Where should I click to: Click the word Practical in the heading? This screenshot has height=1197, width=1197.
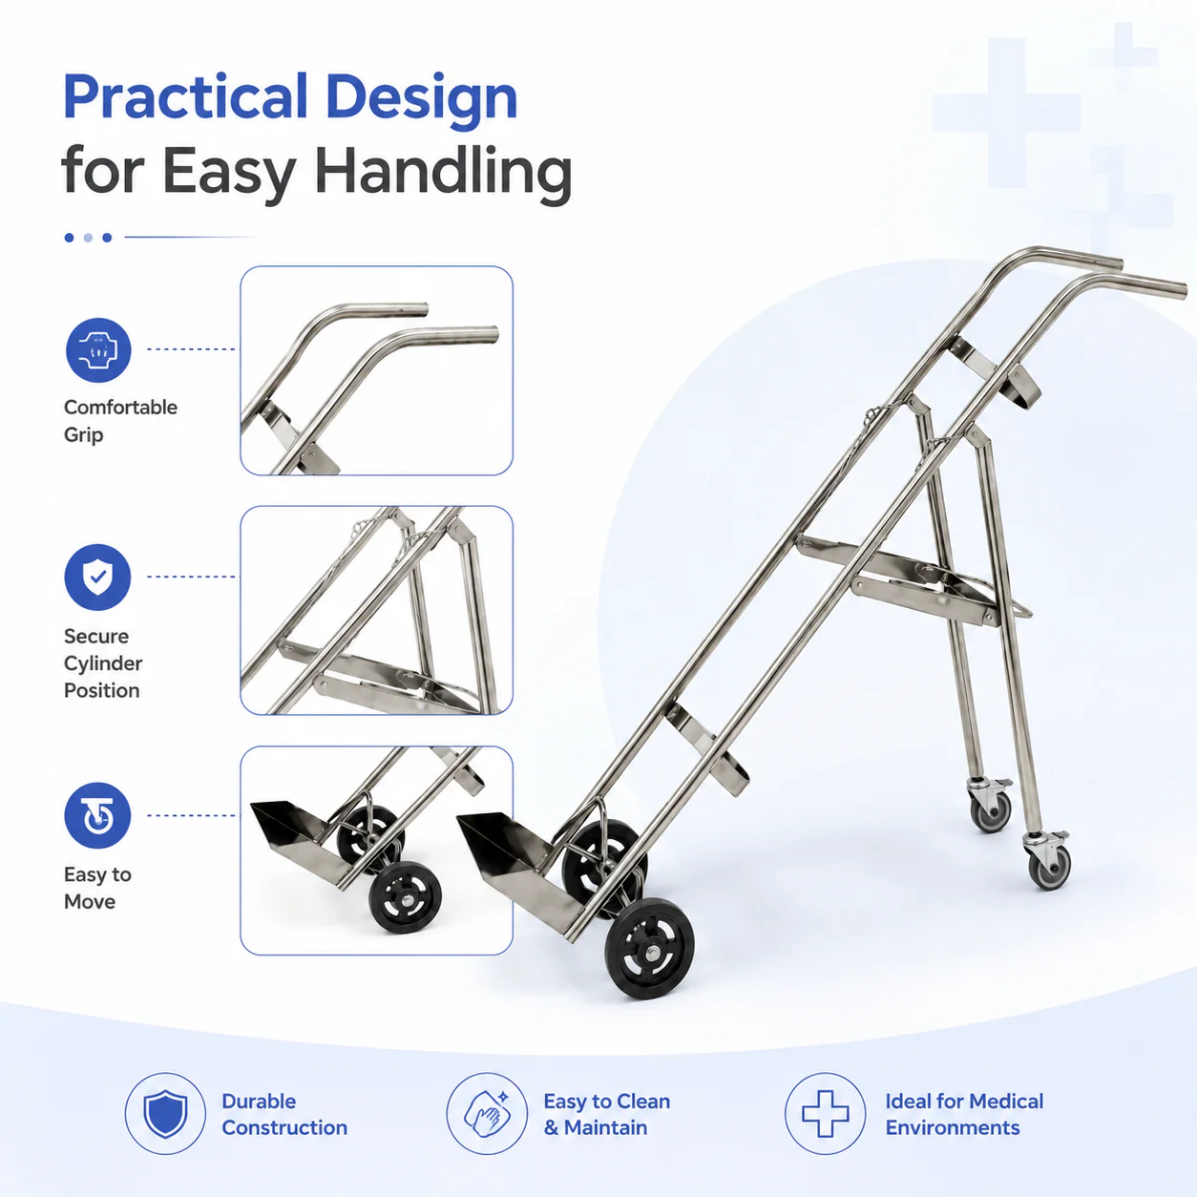click(x=186, y=96)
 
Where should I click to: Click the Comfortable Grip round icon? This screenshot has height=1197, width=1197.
click(x=98, y=349)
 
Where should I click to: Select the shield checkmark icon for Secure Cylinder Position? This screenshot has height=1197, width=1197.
click(x=97, y=577)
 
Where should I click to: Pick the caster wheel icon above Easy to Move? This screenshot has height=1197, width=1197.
click(x=97, y=815)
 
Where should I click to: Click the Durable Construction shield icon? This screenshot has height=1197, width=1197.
click(x=165, y=1114)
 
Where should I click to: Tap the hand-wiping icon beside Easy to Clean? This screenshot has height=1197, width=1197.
click(x=487, y=1114)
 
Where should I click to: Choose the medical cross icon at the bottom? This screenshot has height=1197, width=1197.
click(x=826, y=1114)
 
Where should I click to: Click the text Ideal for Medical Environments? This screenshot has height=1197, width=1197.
click(x=964, y=1114)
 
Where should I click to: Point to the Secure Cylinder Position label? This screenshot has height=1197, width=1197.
click(x=103, y=662)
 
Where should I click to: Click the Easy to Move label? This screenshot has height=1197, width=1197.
click(x=97, y=888)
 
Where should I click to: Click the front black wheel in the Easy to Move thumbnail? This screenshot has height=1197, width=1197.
click(x=405, y=896)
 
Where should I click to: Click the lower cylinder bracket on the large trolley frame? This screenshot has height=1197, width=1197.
click(x=707, y=748)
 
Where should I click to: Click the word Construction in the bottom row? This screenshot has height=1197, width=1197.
click(x=284, y=1127)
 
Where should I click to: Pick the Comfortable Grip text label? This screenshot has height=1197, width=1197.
click(x=120, y=421)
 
